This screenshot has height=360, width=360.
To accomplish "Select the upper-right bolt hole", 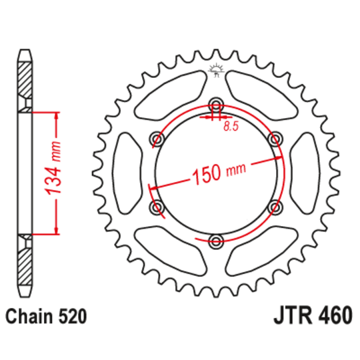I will pyautogui.click(x=274, y=138).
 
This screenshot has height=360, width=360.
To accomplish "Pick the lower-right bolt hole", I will pyautogui.click(x=274, y=207).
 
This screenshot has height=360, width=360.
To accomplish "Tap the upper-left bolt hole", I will pyautogui.click(x=157, y=138).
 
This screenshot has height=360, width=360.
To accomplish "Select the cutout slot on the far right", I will pyautogui.click(x=307, y=173).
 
